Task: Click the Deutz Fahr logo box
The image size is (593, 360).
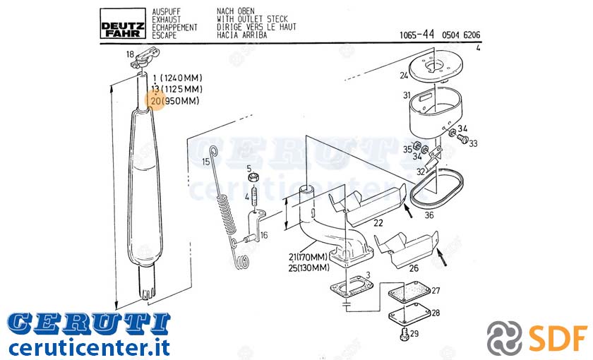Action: pyautogui.click(x=123, y=23)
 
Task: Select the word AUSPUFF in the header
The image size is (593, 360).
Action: pyautogui.click(x=167, y=12)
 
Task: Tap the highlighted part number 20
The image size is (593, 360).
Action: pyautogui.click(x=156, y=101)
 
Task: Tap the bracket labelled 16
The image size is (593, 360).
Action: pyautogui.click(x=255, y=226)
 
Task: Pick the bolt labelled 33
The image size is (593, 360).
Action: pyautogui.click(x=462, y=139)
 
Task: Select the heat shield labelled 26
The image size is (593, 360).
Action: pyautogui.click(x=407, y=247)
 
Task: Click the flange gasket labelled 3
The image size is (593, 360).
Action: pyautogui.click(x=351, y=287)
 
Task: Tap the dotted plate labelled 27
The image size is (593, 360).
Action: pyautogui.click(x=409, y=292)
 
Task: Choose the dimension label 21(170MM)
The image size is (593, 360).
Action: pyautogui.click(x=308, y=257)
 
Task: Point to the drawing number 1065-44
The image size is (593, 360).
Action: pyautogui.click(x=417, y=35)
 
